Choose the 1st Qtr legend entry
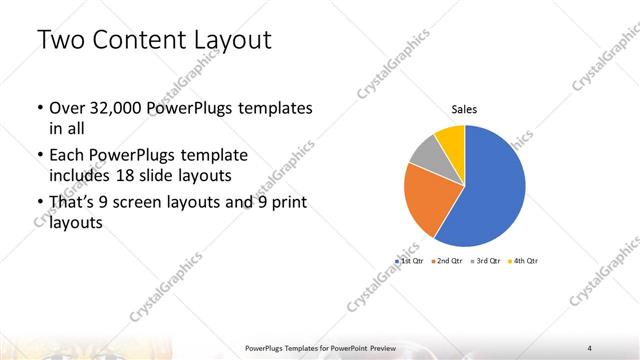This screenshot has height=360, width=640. tap(411, 260)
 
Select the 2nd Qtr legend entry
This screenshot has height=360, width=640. tap(447, 260)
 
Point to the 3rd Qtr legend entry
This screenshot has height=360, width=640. tap(486, 260)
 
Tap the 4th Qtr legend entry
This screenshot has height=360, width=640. tap(523, 260)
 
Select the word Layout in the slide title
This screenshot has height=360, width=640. tap(229, 41)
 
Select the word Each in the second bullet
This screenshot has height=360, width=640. tap(66, 156)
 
